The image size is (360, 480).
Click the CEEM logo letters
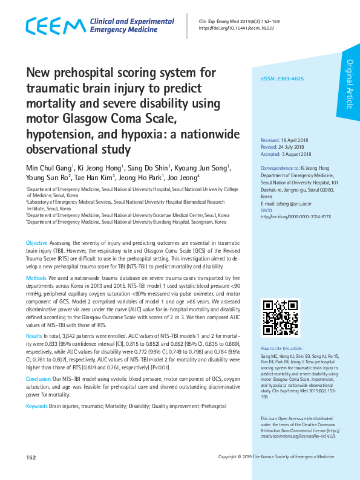(x=55, y=26)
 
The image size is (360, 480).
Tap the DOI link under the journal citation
(x=236, y=28)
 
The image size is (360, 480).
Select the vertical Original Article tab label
(x=349, y=85)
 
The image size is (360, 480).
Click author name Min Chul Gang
(x=49, y=167)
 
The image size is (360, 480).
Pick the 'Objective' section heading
(x=36, y=242)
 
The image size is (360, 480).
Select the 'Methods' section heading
(x=36, y=278)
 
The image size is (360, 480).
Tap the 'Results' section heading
(x=34, y=335)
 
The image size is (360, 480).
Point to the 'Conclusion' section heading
(x=38, y=378)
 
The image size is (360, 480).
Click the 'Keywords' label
(x=36, y=405)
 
